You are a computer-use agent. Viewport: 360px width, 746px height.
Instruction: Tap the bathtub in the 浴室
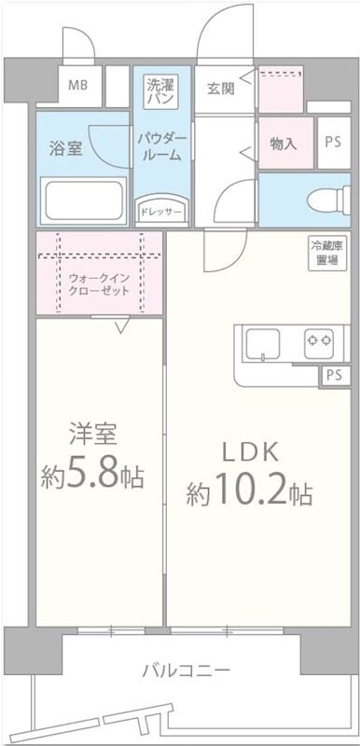coord(84,199)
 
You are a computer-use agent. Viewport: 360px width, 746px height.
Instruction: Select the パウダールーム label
coord(162,147)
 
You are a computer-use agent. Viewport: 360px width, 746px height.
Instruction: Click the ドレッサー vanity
coord(161,212)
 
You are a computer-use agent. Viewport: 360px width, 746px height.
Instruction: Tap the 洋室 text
coord(93,435)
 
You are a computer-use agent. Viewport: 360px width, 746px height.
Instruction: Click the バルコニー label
coord(187,670)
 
